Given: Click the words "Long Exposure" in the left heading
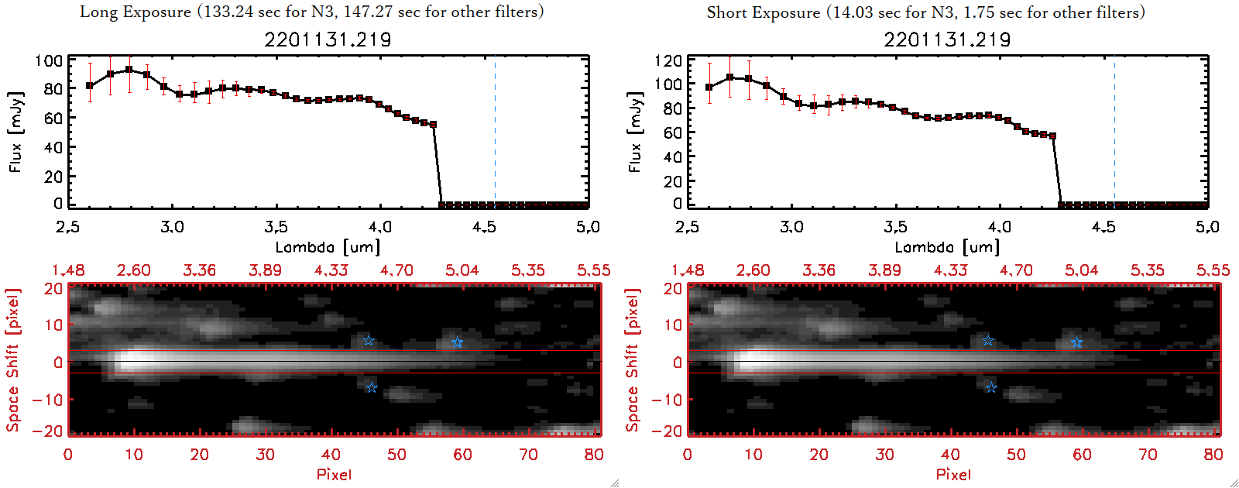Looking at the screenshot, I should coord(136,12).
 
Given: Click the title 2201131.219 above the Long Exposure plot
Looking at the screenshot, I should coord(328,40).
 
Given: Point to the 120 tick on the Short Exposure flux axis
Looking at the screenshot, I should coord(668,60).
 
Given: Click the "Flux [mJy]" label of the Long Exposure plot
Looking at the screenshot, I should coord(16,132).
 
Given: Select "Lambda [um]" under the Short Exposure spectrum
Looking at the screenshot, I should coord(947,247).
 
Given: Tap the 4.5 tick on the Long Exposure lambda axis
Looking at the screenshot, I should coord(484,227).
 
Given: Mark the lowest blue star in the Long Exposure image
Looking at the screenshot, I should coord(372,387).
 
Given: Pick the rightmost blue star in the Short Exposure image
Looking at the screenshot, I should coord(1076,342).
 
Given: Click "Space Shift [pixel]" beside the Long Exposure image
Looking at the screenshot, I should coord(12,360).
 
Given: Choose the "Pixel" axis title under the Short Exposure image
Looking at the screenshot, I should coord(953,474).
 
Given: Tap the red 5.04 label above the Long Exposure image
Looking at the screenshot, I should coord(462,270).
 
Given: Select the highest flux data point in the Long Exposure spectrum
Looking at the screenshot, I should coord(129,69).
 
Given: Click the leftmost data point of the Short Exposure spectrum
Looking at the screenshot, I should coord(709,88).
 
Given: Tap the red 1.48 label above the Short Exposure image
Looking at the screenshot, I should coord(688,270).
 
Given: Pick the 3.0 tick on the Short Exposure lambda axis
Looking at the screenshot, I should coord(791,227).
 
